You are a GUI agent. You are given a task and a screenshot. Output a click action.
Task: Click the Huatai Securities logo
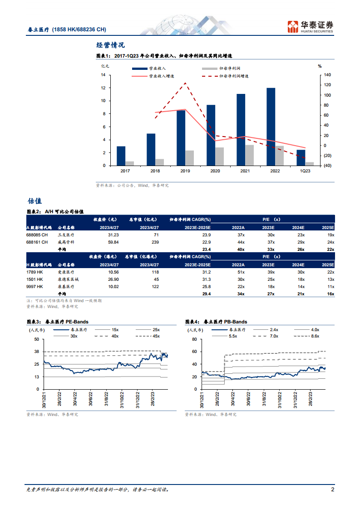coord(311,27)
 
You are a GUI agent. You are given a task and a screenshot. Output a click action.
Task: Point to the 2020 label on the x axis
coord(215,171)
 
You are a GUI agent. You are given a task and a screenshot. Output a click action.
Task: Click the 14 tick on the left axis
coord(104,75)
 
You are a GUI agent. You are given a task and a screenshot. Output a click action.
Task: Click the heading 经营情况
coord(110,45)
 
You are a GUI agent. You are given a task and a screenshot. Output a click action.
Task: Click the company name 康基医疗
coord(65,287)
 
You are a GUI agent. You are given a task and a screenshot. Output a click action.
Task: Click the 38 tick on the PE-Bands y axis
coord(37,352)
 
